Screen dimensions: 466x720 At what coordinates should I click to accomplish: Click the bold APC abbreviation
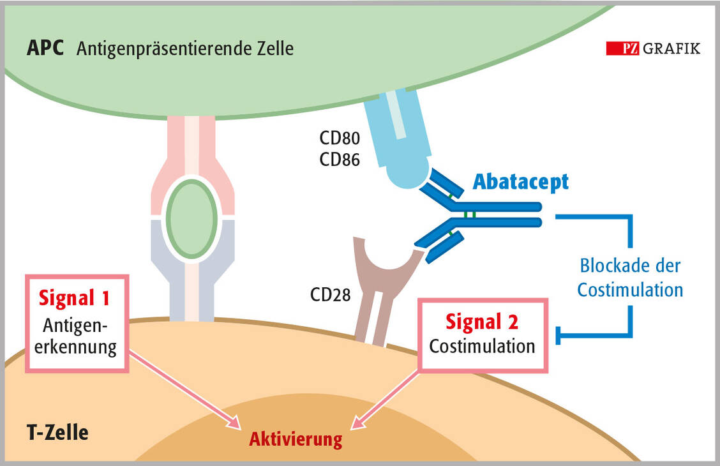pyautogui.click(x=45, y=49)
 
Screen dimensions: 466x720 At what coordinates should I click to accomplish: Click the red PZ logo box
pyautogui.click(x=622, y=49)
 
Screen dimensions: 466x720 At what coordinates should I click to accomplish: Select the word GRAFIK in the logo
pyautogui.click(x=671, y=49)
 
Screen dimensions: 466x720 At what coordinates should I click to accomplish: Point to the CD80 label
pyautogui.click(x=340, y=139)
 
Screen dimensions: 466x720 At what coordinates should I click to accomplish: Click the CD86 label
pyautogui.click(x=340, y=159)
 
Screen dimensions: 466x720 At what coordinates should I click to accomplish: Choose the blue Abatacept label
pyautogui.click(x=520, y=182)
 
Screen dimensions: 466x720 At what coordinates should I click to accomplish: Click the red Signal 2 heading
pyautogui.click(x=482, y=322)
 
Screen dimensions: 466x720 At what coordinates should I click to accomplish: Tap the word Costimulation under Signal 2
pyautogui.click(x=482, y=346)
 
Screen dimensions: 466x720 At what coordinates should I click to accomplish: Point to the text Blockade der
pyautogui.click(x=630, y=265)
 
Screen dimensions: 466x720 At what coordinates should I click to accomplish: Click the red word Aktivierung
pyautogui.click(x=296, y=439)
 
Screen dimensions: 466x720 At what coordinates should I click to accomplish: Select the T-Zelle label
pyautogui.click(x=57, y=432)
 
